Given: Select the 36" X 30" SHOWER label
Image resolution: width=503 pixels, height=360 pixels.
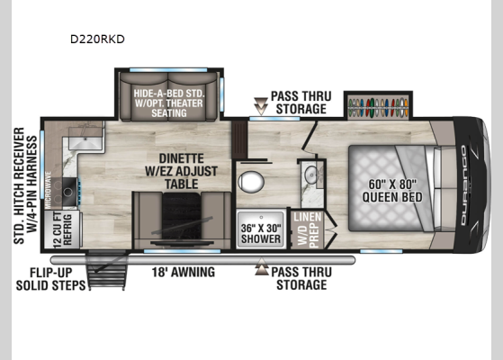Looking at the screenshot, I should (258, 226).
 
